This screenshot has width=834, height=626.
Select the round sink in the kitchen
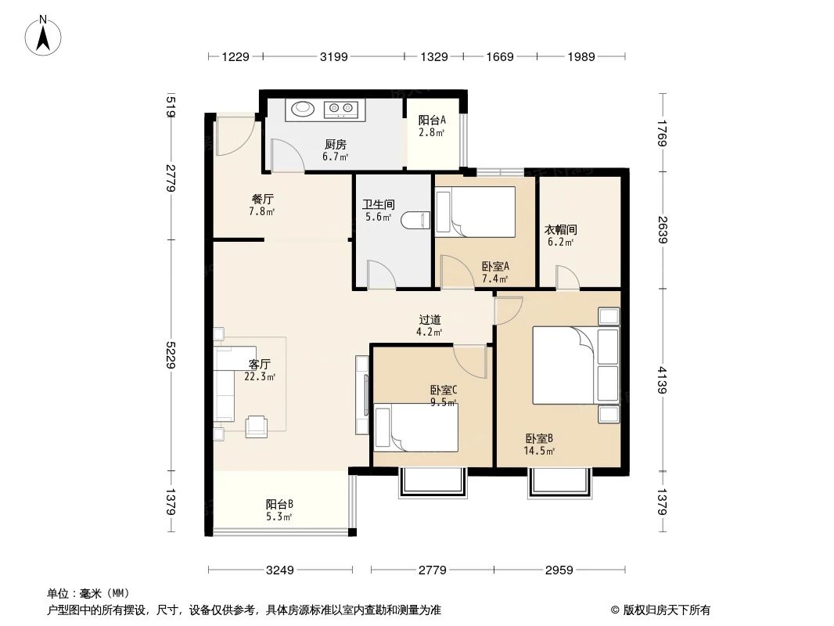click(302, 109)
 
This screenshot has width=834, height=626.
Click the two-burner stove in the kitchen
click(341, 109)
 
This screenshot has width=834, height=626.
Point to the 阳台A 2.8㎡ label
click(432, 126)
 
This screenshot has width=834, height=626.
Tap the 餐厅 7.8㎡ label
click(261, 205)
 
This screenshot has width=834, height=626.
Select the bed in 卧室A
click(476, 211)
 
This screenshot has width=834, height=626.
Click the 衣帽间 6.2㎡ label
click(561, 236)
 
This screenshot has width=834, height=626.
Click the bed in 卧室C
click(415, 427)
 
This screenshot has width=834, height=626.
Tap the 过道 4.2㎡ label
click(430, 325)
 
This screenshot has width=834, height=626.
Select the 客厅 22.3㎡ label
click(260, 369)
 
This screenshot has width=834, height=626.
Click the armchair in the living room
click(257, 426)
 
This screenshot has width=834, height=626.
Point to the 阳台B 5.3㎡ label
click(279, 509)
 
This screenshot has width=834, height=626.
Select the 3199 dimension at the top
click(334, 56)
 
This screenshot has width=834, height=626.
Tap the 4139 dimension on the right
click(663, 380)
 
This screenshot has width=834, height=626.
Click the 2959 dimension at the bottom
click(560, 570)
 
